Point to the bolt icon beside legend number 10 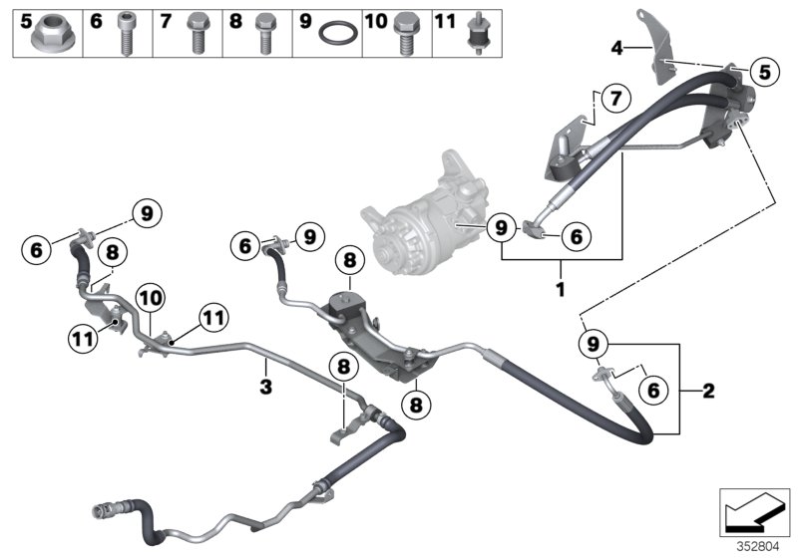(406, 34)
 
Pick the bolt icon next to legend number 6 (127, 34)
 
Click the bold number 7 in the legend (167, 19)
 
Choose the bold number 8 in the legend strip (235, 19)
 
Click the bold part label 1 (561, 291)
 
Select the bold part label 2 (708, 391)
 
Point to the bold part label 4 (616, 47)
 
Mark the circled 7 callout (614, 99)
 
